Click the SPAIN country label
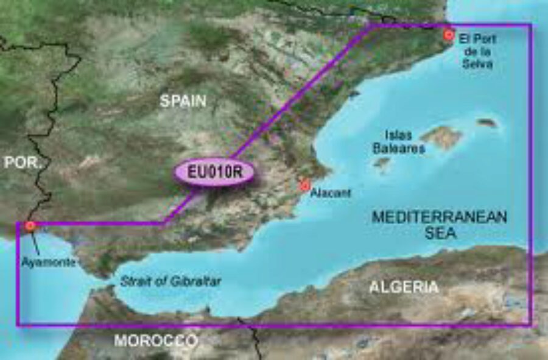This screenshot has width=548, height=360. [183, 101]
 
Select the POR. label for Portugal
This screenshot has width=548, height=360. [23, 163]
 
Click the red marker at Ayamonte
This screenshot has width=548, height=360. [29, 227]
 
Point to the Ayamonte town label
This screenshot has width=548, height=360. [49, 263]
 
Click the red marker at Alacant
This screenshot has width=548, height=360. [305, 185]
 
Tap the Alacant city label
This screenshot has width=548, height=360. [331, 193]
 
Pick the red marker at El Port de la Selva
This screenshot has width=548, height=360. [449, 35]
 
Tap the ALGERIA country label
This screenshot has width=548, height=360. [404, 287]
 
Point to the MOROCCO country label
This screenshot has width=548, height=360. [156, 341]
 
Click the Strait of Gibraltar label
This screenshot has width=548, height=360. [170, 281]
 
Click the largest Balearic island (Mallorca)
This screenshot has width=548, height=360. [441, 137]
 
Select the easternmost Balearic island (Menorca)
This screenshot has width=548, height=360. [487, 123]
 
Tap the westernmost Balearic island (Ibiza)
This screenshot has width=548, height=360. [382, 163]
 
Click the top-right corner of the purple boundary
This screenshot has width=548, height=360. [531, 25]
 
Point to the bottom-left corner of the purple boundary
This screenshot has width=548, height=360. [18, 324]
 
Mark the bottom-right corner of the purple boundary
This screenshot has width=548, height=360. [531, 324]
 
